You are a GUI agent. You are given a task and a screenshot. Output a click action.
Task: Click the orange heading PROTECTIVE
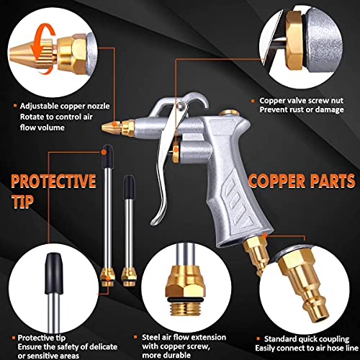pyautogui.click(x=53, y=181)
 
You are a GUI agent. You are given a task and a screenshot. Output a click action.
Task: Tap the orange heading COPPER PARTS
pyautogui.click(x=302, y=181)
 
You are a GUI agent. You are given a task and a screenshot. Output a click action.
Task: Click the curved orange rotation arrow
pyautogui.click(x=43, y=48)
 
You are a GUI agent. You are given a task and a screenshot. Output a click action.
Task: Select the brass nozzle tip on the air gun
pyautogui.click(x=117, y=127)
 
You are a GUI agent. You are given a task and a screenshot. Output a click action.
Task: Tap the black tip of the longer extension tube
pyautogui.click(x=107, y=156)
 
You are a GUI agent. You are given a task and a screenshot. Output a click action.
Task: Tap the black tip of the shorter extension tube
pyautogui.click(x=129, y=186)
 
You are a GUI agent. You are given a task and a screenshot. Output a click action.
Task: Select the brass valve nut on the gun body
pyautogui.click(x=176, y=152)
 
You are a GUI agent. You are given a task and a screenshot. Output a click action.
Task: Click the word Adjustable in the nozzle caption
pyautogui.click(x=38, y=107)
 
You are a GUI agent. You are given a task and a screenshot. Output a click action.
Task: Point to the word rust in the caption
pyautogui.click(x=296, y=109)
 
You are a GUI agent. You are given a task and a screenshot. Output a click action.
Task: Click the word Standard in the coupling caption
pyautogui.click(x=279, y=339)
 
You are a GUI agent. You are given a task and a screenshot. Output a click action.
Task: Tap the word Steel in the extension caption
pyautogui.click(x=150, y=337)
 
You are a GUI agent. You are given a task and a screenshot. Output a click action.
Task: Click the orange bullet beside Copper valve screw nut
pyautogui.click(x=253, y=101)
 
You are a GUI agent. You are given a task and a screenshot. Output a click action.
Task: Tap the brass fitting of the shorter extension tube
pyautogui.click(x=129, y=277)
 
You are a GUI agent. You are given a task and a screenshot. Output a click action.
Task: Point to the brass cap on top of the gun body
pyautogui.click(x=229, y=113)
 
